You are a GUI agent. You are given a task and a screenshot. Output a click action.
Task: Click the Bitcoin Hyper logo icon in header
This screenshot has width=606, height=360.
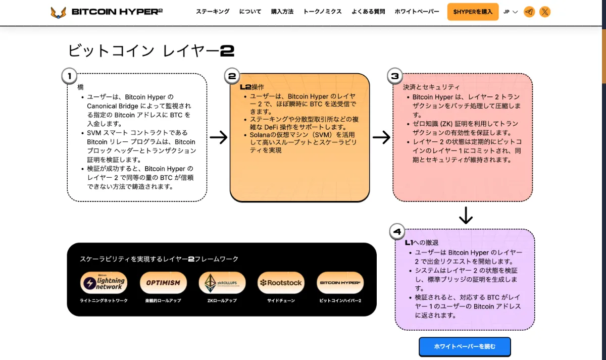59,12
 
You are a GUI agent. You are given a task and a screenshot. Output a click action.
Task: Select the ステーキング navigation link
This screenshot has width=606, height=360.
213,12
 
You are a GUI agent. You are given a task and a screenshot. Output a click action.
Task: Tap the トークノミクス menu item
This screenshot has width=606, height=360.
322,12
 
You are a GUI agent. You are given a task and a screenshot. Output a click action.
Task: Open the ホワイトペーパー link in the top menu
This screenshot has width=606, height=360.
417,12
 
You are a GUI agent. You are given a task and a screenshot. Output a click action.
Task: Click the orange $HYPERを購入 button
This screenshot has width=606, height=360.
473,12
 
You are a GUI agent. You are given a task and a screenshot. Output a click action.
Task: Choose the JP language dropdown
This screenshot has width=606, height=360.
511,12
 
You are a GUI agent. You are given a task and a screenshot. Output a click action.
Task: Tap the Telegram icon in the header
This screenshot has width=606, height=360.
529,12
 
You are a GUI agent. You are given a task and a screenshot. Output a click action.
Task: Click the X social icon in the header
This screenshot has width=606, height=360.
545,12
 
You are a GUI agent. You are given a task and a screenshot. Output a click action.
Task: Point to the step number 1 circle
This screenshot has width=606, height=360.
69,76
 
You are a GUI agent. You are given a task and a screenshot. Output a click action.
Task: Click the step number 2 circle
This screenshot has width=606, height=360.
232,76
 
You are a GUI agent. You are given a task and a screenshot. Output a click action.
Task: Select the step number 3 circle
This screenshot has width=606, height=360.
395,76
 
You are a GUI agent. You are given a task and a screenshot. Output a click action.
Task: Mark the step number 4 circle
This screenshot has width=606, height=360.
397,232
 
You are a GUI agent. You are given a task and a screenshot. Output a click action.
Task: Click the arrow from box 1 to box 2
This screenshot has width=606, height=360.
218,137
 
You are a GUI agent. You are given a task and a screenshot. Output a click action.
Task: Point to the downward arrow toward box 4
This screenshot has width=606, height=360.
466,215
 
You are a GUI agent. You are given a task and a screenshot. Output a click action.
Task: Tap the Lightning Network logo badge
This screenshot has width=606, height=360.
104,283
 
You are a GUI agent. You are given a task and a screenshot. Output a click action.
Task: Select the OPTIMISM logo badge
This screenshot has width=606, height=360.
163,283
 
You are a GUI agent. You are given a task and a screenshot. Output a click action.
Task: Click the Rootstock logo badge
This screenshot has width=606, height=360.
281,283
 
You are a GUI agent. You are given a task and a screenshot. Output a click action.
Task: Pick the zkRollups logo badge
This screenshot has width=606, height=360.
222,283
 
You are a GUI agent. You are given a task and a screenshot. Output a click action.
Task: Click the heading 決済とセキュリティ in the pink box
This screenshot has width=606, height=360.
431,87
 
